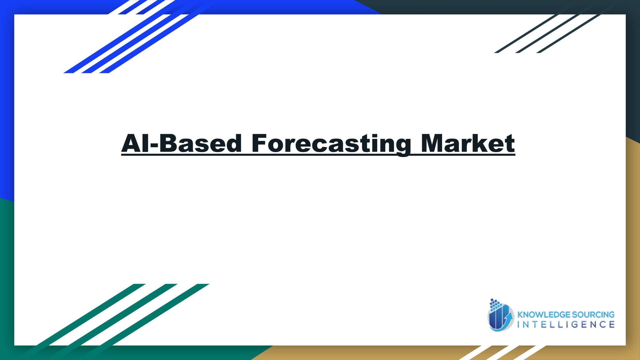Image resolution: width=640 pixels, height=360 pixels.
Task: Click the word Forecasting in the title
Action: [331, 144]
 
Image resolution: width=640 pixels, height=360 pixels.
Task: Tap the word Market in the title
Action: [468, 144]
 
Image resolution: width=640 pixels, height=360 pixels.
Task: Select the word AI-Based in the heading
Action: [182, 144]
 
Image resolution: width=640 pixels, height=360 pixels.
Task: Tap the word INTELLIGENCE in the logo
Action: [566, 325]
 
